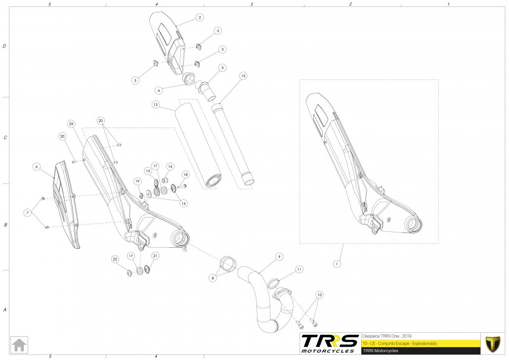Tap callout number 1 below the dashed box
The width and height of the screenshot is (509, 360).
click(337, 264)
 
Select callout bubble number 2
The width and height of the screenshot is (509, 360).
click(199, 17)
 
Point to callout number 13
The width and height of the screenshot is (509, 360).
click(155, 105)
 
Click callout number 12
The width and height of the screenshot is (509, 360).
click(243, 76)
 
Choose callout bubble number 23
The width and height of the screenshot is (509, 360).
click(71, 123)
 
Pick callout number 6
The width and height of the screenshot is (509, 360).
click(36, 167)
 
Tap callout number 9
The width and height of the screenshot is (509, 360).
click(279, 257)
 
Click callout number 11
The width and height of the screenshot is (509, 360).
click(299, 269)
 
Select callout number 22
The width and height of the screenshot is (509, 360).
click(115, 259)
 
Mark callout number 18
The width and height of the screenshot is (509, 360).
click(185, 175)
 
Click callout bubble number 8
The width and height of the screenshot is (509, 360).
click(213, 278)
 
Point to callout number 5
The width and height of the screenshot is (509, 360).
click(222, 67)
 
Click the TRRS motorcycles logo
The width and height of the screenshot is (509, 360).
click(330, 342)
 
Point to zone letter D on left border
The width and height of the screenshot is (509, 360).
click(4, 46)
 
